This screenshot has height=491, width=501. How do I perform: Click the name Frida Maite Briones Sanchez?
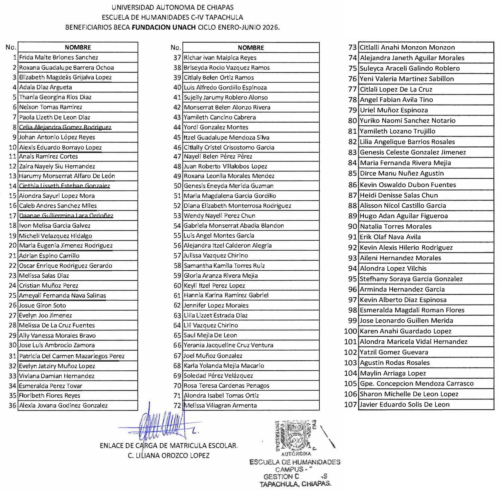(58, 57)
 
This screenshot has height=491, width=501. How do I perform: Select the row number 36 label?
(12, 405)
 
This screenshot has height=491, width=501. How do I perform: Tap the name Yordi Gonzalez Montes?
(216, 127)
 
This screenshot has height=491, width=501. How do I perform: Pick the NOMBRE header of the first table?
(78, 47)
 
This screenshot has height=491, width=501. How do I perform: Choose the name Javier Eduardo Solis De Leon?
(404, 404)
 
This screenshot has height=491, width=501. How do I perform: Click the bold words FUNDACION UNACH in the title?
(164, 27)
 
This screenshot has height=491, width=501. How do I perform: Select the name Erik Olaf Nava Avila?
(390, 237)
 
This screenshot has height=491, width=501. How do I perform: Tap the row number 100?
(350, 331)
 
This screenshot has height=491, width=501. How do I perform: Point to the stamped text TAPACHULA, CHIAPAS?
(295, 484)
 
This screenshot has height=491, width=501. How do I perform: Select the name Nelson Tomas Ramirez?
(51, 107)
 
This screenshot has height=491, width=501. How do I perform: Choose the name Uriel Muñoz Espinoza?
(394, 110)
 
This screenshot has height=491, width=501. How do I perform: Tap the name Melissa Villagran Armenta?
(220, 405)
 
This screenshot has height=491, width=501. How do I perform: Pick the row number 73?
(352, 47)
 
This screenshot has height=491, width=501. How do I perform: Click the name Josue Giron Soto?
(42, 305)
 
